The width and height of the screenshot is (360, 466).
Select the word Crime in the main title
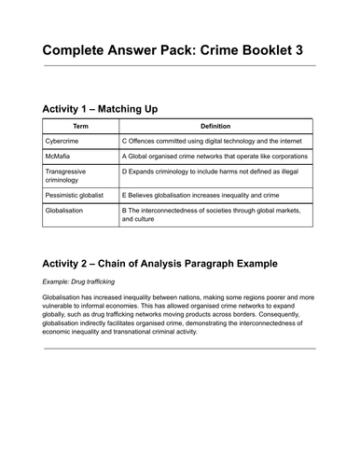pos(214,48)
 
